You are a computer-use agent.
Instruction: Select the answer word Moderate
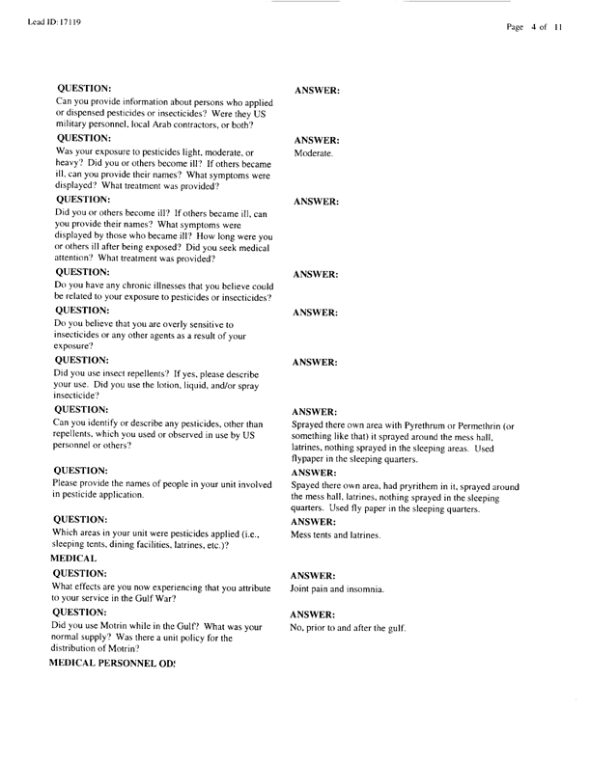pyautogui.click(x=313, y=153)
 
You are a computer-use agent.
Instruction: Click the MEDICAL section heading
pyautogui.click(x=77, y=559)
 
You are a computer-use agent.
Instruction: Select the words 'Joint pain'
pyautogui.click(x=311, y=587)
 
